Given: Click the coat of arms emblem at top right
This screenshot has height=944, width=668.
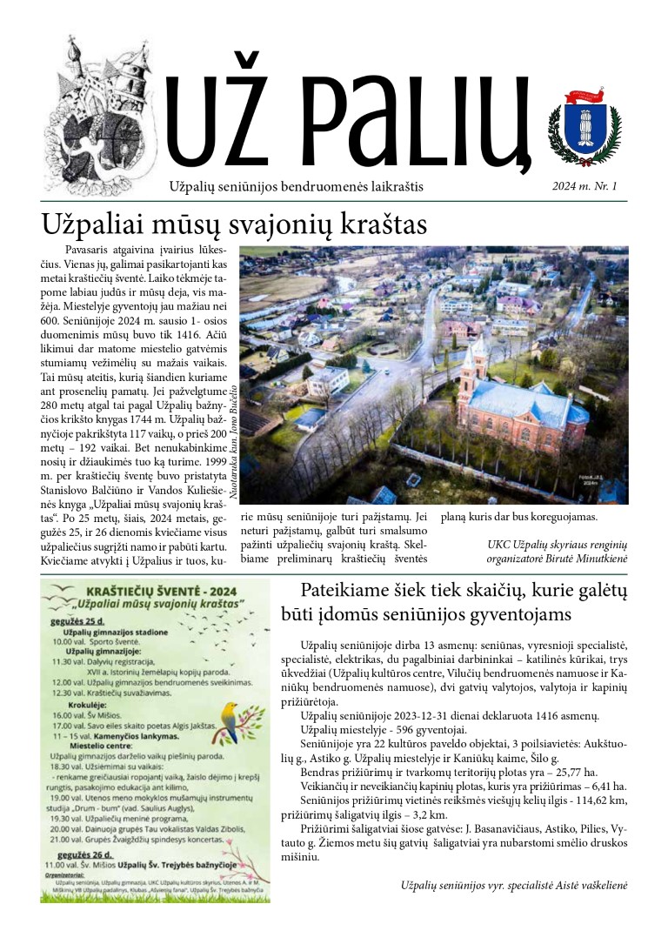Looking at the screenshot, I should coord(584,127).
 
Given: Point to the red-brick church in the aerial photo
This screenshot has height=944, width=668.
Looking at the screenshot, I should coord(518,396).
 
